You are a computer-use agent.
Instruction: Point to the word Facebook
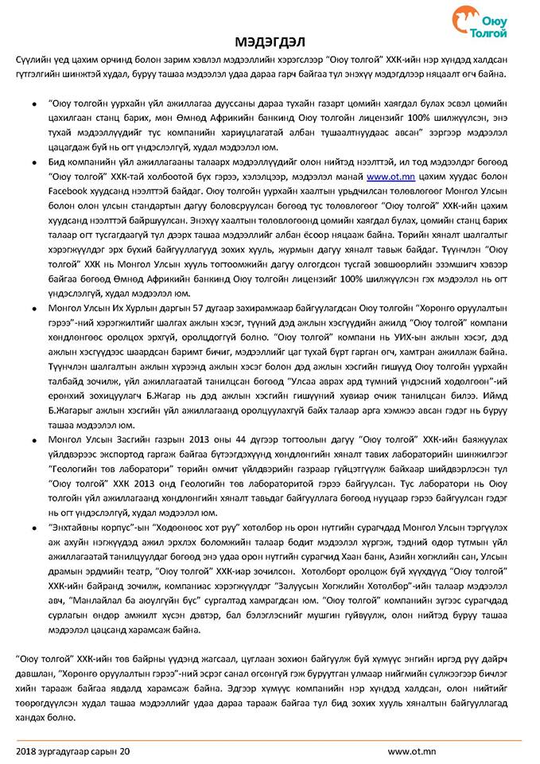68,199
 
